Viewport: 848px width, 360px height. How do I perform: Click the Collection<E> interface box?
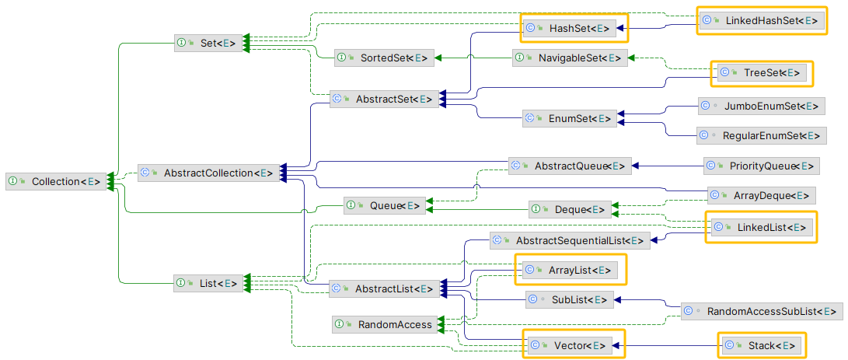[57, 181]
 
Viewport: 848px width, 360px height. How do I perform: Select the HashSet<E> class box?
[574, 29]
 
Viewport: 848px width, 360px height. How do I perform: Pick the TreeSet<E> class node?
[762, 72]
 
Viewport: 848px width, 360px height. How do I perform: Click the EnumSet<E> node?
[570, 118]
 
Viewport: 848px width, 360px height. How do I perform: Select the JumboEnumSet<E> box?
[759, 105]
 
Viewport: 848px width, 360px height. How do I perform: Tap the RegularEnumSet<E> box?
[759, 135]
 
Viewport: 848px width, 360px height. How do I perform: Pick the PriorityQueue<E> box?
[761, 166]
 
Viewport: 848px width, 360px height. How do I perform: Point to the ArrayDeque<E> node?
[761, 195]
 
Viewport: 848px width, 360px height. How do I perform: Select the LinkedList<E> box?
[761, 227]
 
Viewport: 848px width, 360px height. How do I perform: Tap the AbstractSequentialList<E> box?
[570, 241]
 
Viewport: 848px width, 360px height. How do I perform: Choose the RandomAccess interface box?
[385, 324]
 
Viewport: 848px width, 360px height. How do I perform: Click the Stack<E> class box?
[762, 345]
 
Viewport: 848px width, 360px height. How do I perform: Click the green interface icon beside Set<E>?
[181, 43]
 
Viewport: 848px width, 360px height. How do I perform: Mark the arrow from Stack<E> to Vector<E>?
[668, 345]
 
